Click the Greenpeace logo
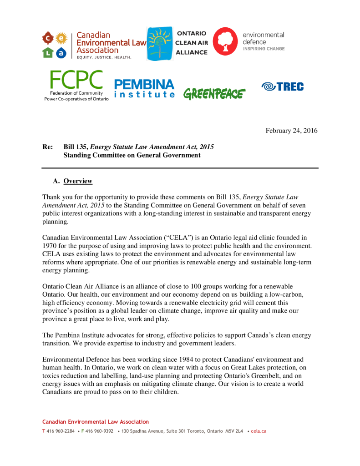click(214, 94)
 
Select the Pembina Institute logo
click(144, 89)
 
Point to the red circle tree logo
click(225, 41)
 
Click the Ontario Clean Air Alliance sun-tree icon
click(160, 44)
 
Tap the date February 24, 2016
click(291, 131)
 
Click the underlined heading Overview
click(78, 181)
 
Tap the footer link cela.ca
click(259, 431)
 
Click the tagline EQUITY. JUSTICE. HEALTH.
click(104, 57)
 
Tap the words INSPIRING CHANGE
click(264, 49)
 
